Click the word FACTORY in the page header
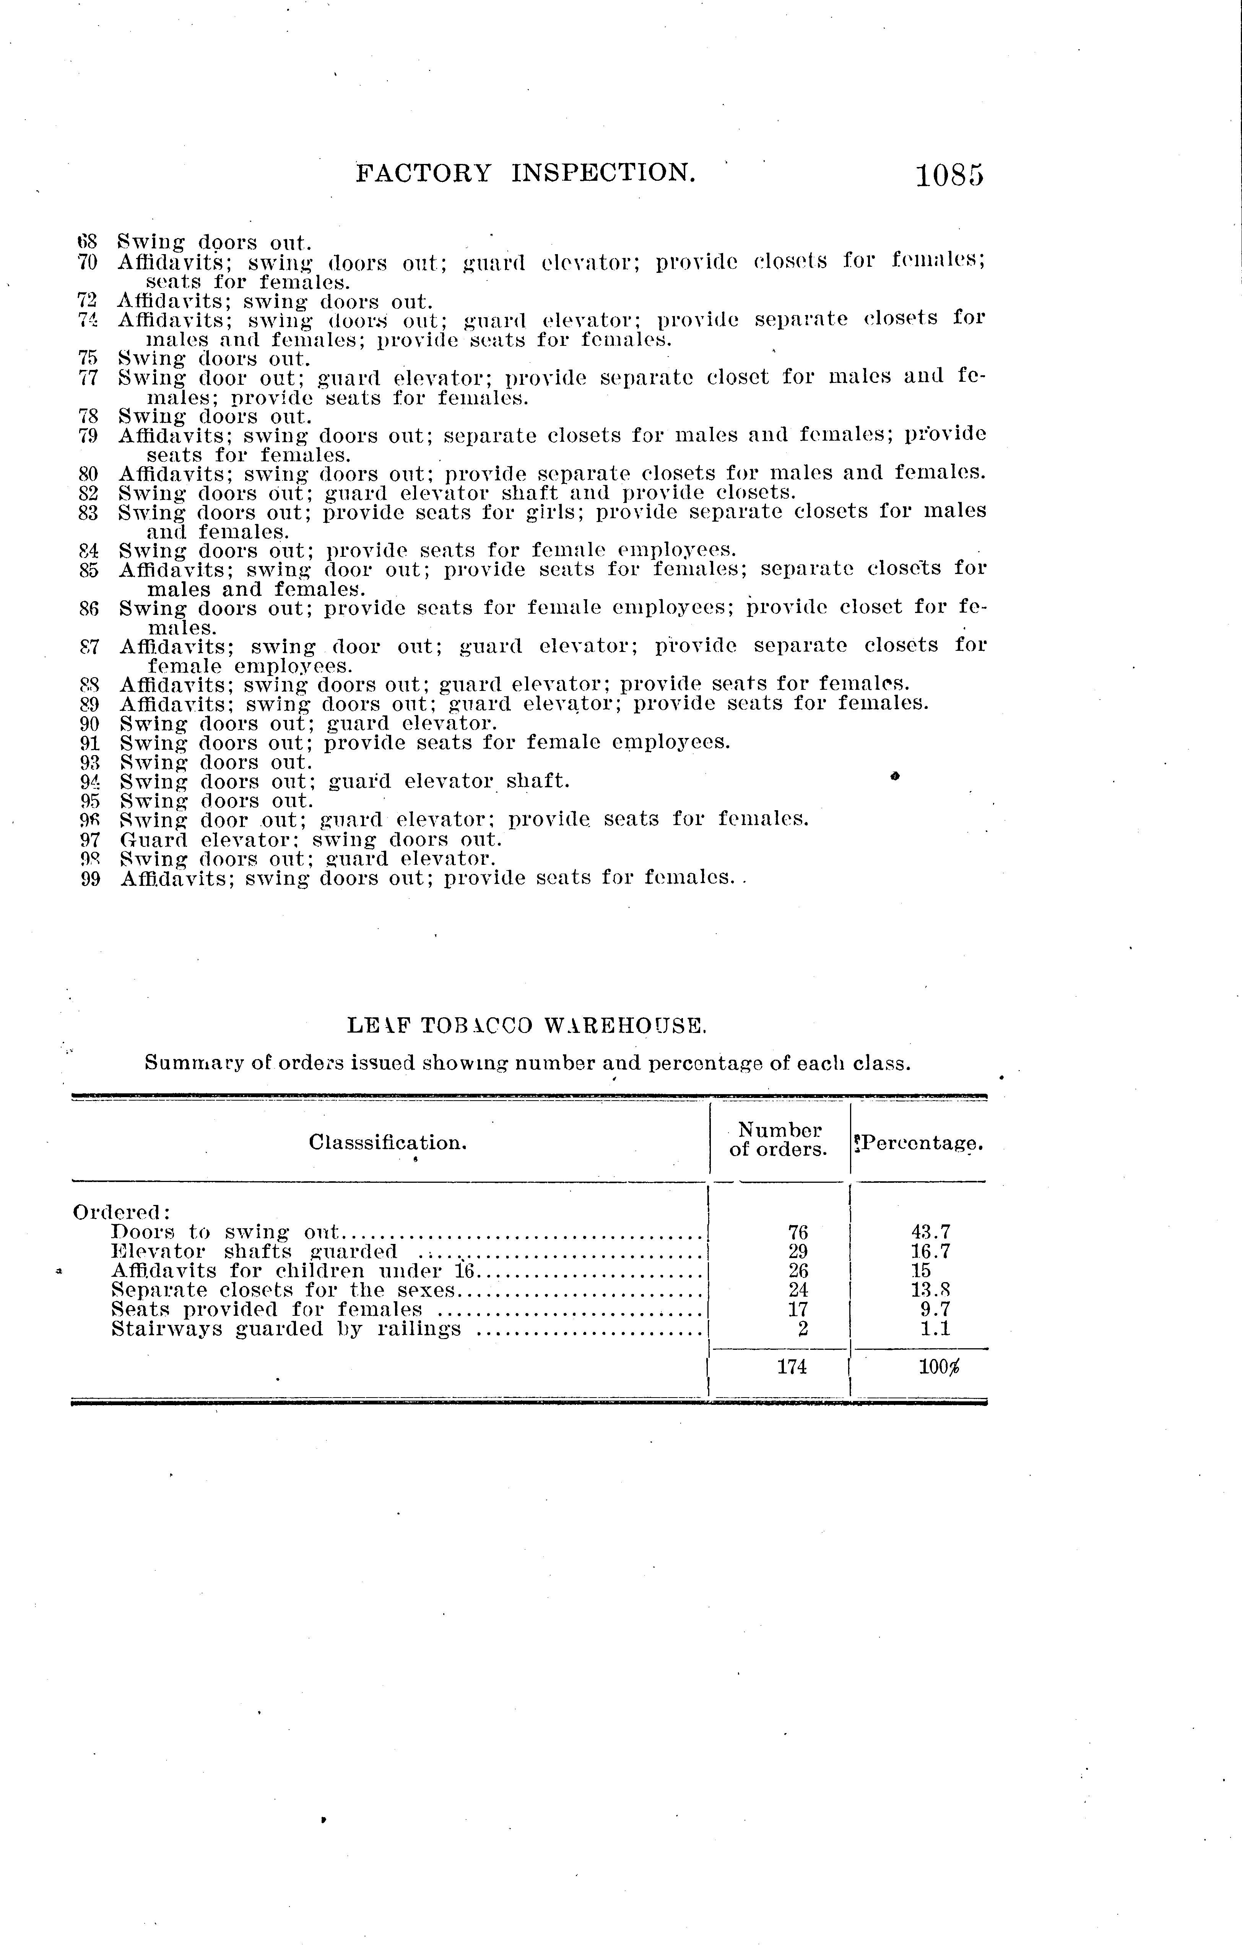[x=423, y=172]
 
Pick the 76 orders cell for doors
[x=798, y=1232]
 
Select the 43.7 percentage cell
[x=930, y=1232]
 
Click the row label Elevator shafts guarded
[x=254, y=1251]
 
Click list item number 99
[x=90, y=878]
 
